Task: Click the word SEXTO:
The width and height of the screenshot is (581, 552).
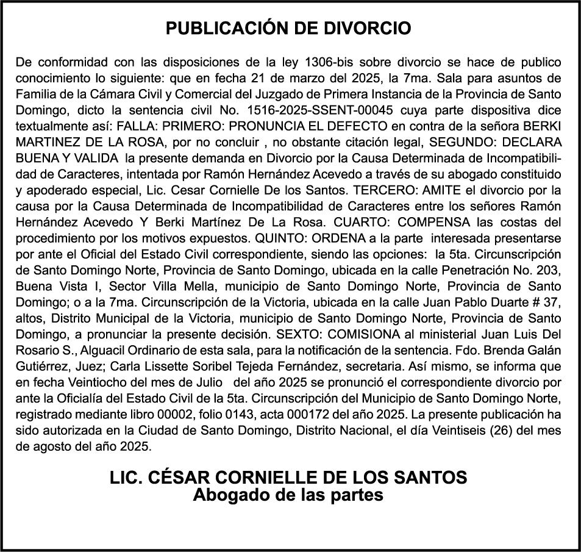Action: tap(304, 334)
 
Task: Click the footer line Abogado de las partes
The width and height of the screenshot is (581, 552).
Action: tap(288, 495)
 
